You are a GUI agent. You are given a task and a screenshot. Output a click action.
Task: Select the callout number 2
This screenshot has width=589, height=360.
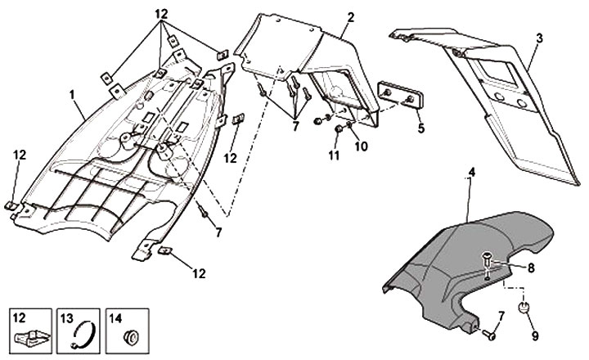point(350,17)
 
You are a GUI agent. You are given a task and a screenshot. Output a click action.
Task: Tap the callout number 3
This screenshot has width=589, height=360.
point(539,38)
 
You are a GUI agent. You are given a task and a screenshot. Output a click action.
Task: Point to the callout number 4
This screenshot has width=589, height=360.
point(470,173)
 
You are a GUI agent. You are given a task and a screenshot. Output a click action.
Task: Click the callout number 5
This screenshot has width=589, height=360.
point(420,128)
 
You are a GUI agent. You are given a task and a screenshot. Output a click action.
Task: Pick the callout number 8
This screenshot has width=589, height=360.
point(531,267)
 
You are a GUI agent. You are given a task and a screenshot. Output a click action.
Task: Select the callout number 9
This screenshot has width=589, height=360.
point(535,335)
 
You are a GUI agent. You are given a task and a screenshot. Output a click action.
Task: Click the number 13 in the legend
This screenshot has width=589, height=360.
point(68,316)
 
